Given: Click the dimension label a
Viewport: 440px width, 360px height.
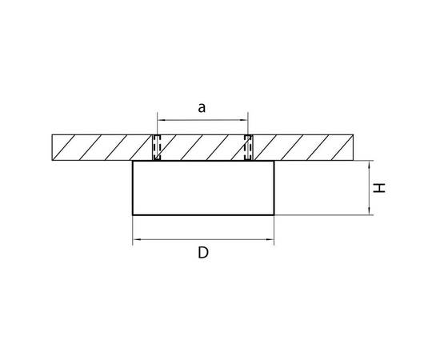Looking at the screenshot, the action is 202,108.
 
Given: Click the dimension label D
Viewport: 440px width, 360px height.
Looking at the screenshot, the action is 203,253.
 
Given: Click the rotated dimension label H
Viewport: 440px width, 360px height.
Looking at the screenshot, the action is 379,188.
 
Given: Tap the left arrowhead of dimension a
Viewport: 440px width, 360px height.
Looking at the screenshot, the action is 161,120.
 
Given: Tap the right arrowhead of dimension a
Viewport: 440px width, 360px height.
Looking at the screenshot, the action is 245,120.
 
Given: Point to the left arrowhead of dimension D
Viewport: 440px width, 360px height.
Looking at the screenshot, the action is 136,240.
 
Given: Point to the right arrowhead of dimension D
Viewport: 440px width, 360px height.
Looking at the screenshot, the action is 270,240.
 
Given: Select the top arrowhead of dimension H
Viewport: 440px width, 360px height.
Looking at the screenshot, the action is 370,164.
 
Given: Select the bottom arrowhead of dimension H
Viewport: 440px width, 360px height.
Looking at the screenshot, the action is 370,211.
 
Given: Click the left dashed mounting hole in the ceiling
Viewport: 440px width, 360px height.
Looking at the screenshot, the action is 157,147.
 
